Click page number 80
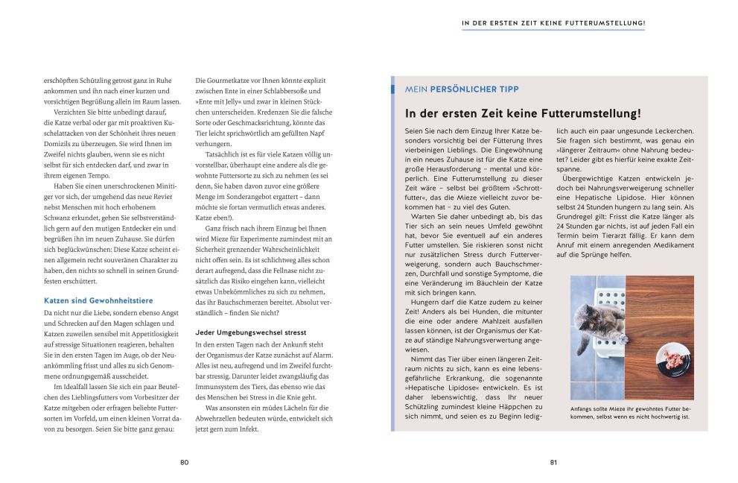click(184, 462)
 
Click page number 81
click(553, 462)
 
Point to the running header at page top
click(553, 23)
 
